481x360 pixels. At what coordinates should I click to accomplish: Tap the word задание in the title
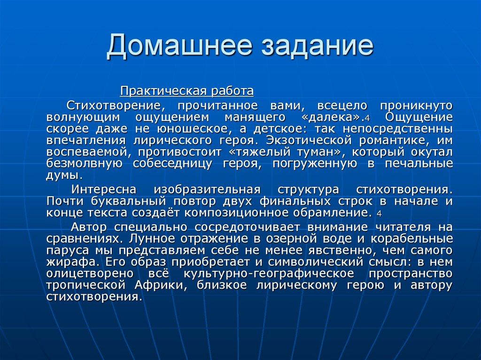tap(315, 47)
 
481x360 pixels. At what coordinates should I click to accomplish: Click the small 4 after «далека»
tap(368, 118)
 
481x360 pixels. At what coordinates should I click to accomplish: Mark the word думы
tap(63, 175)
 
